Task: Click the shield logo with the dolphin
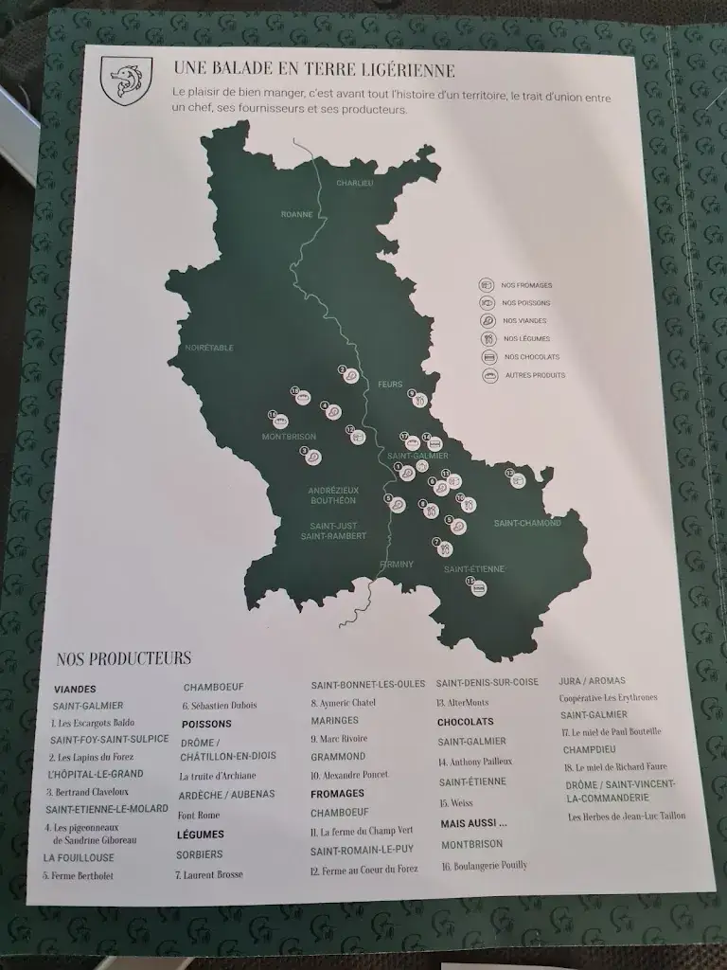(x=125, y=78)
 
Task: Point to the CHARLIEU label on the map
(x=355, y=182)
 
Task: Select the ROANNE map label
(x=296, y=214)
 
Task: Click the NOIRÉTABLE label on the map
(x=209, y=348)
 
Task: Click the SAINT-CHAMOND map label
(x=526, y=523)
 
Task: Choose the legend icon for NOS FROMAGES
(x=487, y=285)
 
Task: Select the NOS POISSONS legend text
(x=527, y=303)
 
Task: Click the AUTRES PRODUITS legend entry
(x=535, y=375)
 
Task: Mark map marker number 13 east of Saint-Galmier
(x=517, y=479)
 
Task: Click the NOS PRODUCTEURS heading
(x=123, y=658)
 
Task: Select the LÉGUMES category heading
(x=201, y=835)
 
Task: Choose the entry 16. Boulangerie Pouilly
(x=484, y=865)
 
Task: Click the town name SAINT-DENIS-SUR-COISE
(x=487, y=682)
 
